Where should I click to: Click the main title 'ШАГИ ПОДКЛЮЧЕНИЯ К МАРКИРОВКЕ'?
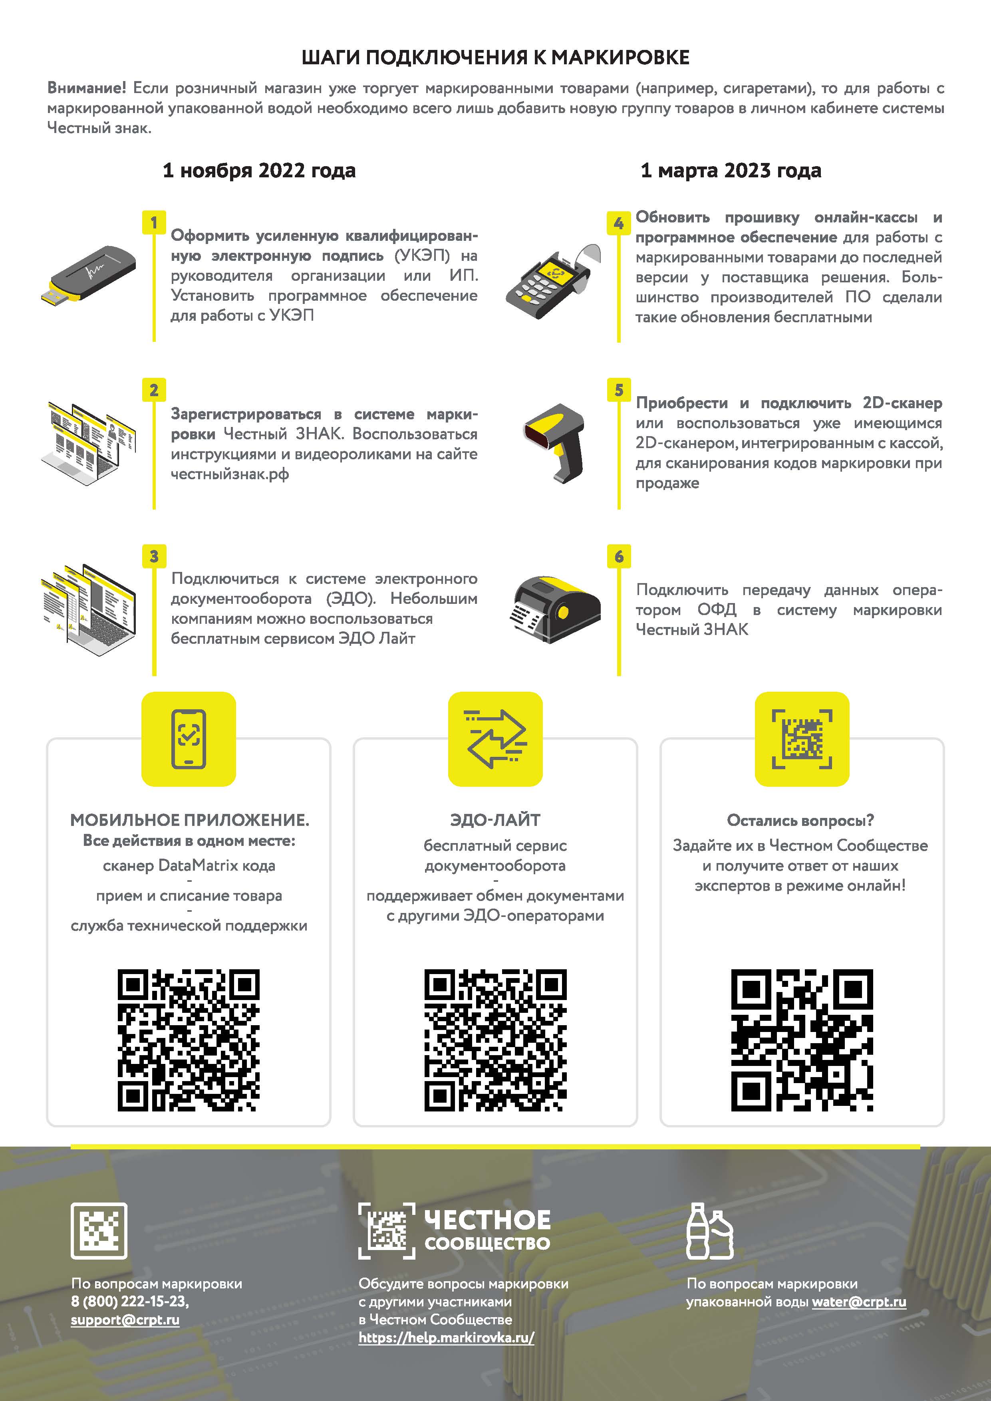495,58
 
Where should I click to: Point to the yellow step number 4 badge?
619,223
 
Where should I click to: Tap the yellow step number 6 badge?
619,556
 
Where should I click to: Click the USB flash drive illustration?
89,275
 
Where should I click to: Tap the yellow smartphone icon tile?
189,739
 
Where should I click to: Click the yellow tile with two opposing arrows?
495,739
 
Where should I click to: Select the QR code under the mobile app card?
189,1040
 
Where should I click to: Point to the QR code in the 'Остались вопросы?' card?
802,1040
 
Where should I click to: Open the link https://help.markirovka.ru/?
447,1337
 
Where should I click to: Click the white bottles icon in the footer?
710,1231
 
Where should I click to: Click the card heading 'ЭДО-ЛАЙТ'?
495,820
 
